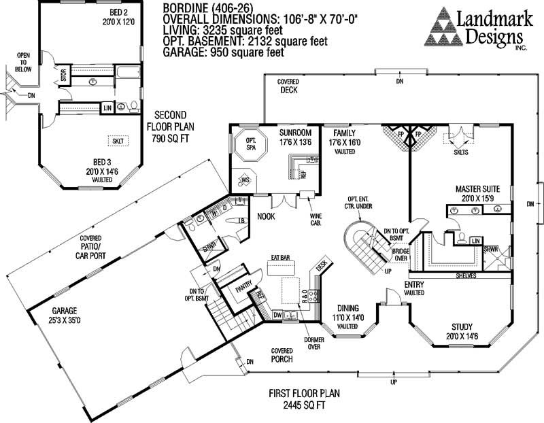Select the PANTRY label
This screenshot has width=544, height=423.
click(243, 288)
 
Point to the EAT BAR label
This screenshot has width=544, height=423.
click(281, 258)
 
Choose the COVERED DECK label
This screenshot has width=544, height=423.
click(288, 86)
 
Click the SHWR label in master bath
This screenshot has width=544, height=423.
click(491, 250)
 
